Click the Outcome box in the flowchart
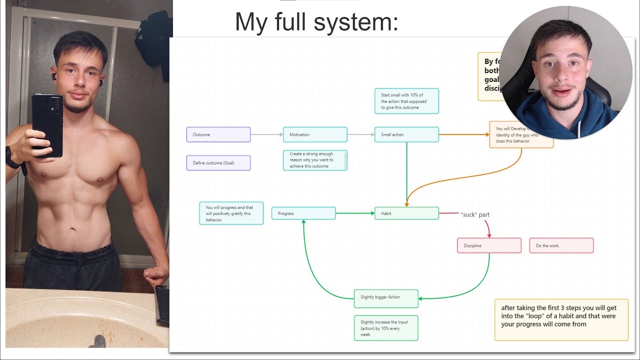coord(218,134)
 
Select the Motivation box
coord(315,134)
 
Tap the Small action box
coord(406,134)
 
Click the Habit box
coord(406,213)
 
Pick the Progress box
coord(303,213)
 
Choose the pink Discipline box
coord(489,245)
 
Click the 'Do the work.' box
coord(561,245)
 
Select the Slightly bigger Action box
coord(386,297)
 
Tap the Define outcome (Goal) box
coord(218,163)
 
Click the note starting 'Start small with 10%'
coord(406,101)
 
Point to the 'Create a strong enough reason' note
coord(315,160)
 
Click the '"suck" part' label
coord(474,214)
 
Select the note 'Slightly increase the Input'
coord(386,328)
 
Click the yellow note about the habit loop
coord(561,320)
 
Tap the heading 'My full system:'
coord(316,22)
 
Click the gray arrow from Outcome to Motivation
coord(266,134)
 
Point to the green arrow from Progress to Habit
coord(355,213)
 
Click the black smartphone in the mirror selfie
coord(47,125)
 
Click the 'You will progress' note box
coord(231,213)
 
